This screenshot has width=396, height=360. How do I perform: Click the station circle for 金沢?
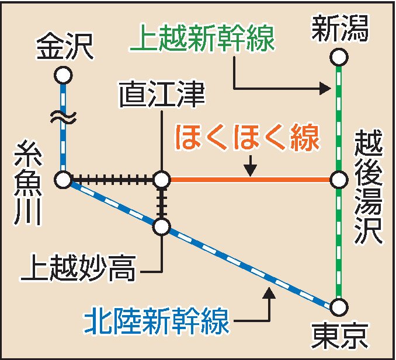[x=63, y=75]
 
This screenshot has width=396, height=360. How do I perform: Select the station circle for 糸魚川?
[x=63, y=180]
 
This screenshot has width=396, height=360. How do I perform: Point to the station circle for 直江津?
[x=162, y=180]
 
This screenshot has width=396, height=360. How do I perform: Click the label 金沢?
[x=64, y=47]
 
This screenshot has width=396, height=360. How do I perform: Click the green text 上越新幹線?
[x=203, y=40]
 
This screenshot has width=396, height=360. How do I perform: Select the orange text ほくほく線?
[x=248, y=140]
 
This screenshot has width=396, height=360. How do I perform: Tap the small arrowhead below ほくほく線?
[x=250, y=170]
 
